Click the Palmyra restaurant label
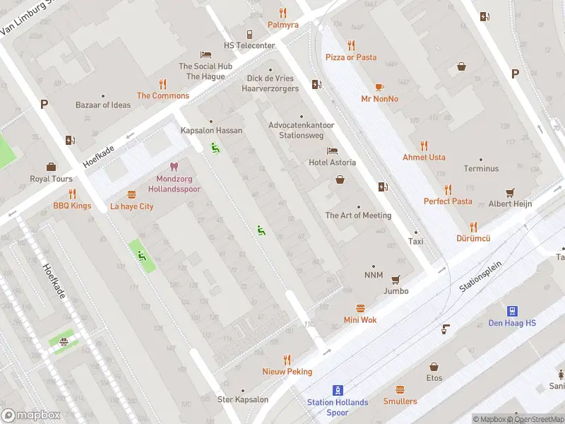[282, 25]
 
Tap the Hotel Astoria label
[332, 163]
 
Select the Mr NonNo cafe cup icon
[379, 87]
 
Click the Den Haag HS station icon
[512, 311]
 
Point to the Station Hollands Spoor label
[338, 407]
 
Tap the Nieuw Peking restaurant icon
[287, 360]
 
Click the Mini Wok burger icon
[360, 308]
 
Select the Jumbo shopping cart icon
[395, 279]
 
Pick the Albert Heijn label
[510, 204]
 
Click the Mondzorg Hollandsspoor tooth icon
[174, 167]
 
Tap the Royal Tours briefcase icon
[51, 167]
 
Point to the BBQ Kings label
[72, 206]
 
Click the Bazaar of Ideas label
[103, 105]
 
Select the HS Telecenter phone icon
[249, 34]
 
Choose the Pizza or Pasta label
[351, 57]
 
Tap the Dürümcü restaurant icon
[473, 227]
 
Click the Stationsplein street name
[480, 276]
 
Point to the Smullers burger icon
[400, 389]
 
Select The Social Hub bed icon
[206, 54]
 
